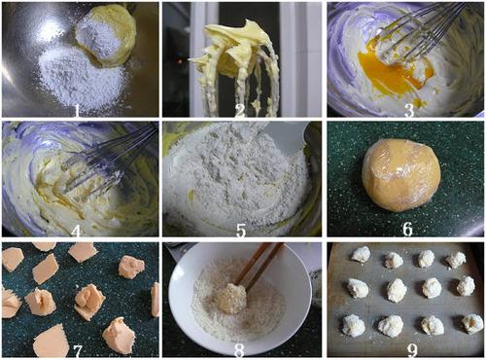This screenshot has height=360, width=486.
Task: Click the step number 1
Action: click(x=77, y=110)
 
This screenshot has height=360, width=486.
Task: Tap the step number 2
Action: click(x=240, y=110)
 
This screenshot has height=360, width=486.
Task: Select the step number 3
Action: click(x=409, y=110)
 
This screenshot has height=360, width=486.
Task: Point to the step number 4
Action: click(x=76, y=231)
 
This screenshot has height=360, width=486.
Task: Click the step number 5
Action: click(x=241, y=230)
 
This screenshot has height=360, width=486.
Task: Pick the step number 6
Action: click(x=407, y=229)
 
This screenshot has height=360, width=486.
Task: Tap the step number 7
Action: click(x=78, y=350)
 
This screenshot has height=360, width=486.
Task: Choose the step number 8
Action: click(x=239, y=350)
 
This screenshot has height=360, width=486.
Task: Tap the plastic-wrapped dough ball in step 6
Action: click(x=401, y=175)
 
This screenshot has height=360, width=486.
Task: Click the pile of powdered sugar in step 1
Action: click(x=83, y=78)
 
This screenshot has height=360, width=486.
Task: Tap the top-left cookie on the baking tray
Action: click(x=361, y=254)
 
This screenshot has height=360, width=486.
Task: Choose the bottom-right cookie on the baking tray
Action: click(x=471, y=323)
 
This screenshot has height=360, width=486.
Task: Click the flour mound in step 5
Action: click(x=236, y=175)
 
